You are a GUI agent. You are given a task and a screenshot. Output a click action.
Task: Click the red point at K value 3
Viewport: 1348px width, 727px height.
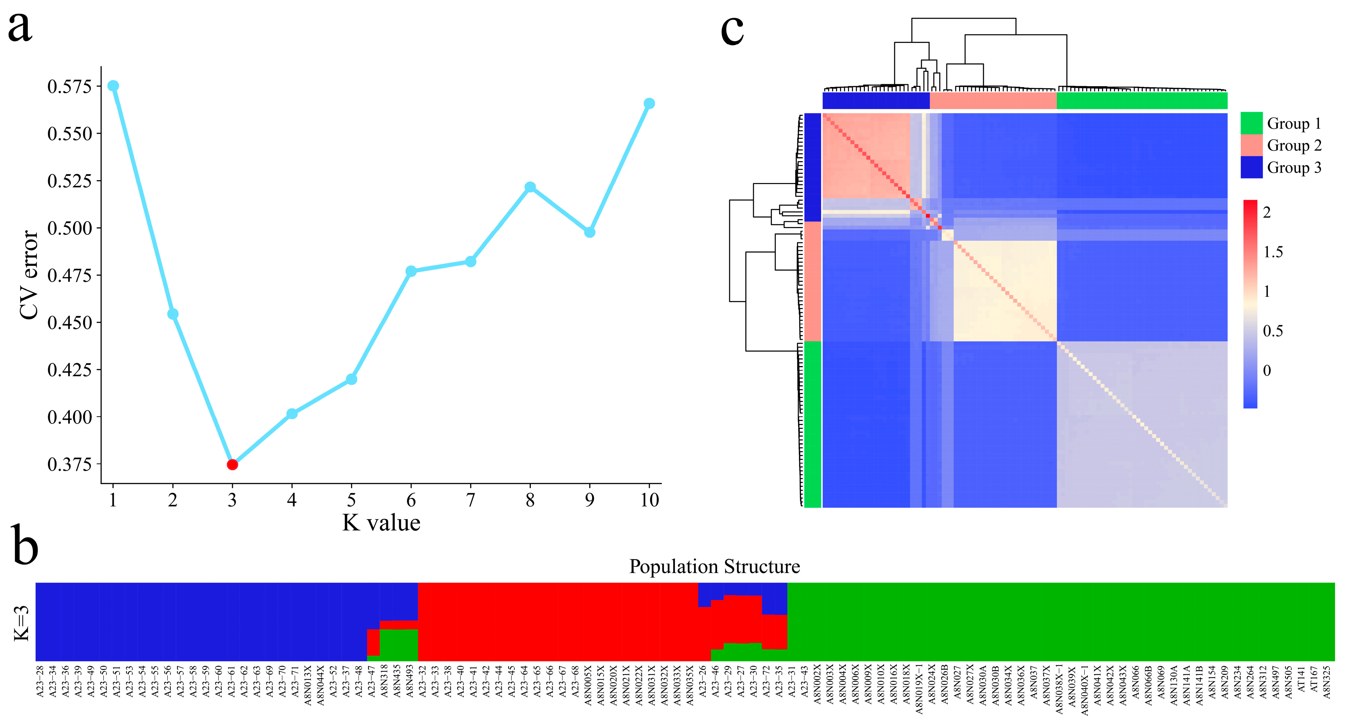click(233, 465)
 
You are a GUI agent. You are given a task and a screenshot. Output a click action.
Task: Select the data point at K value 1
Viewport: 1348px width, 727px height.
click(113, 86)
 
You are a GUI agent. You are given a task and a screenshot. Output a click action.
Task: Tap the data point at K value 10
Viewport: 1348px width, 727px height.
click(649, 104)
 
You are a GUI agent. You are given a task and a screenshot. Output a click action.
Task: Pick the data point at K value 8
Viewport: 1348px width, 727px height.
click(530, 187)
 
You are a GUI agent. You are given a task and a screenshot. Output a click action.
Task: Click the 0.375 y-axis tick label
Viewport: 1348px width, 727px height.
click(70, 465)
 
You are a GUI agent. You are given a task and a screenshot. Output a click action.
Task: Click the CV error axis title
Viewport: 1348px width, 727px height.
click(29, 275)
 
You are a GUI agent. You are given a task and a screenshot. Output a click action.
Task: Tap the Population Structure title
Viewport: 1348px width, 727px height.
click(714, 566)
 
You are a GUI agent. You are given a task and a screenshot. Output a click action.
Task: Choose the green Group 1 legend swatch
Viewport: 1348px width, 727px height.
click(1251, 123)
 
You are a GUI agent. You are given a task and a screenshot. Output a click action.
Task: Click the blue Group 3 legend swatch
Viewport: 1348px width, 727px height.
click(1251, 167)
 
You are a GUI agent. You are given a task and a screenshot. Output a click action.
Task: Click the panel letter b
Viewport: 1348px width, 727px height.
click(25, 546)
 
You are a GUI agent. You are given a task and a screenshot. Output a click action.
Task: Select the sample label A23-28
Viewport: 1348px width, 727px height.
click(40, 681)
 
